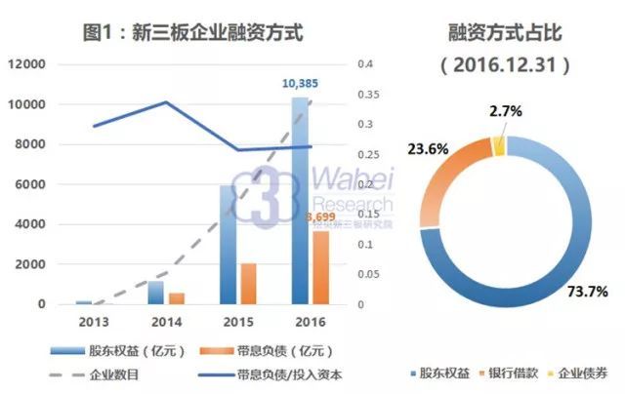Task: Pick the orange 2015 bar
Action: coord(248,284)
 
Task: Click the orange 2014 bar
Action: coord(177,297)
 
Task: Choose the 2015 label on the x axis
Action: coord(237,322)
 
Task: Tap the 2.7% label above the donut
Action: coord(507,112)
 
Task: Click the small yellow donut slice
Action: coord(500,146)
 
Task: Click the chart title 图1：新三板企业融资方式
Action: coord(192,31)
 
